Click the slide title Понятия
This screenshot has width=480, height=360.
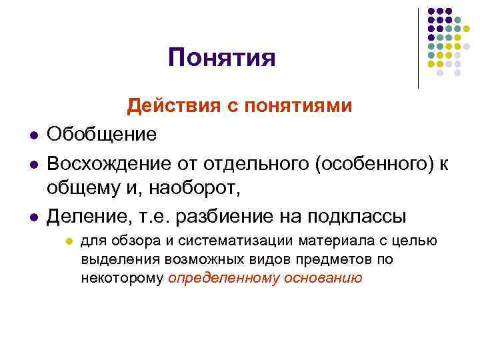tap(221, 58)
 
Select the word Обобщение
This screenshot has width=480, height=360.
tap(102, 135)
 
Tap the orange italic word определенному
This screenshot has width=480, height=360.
tap(223, 278)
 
